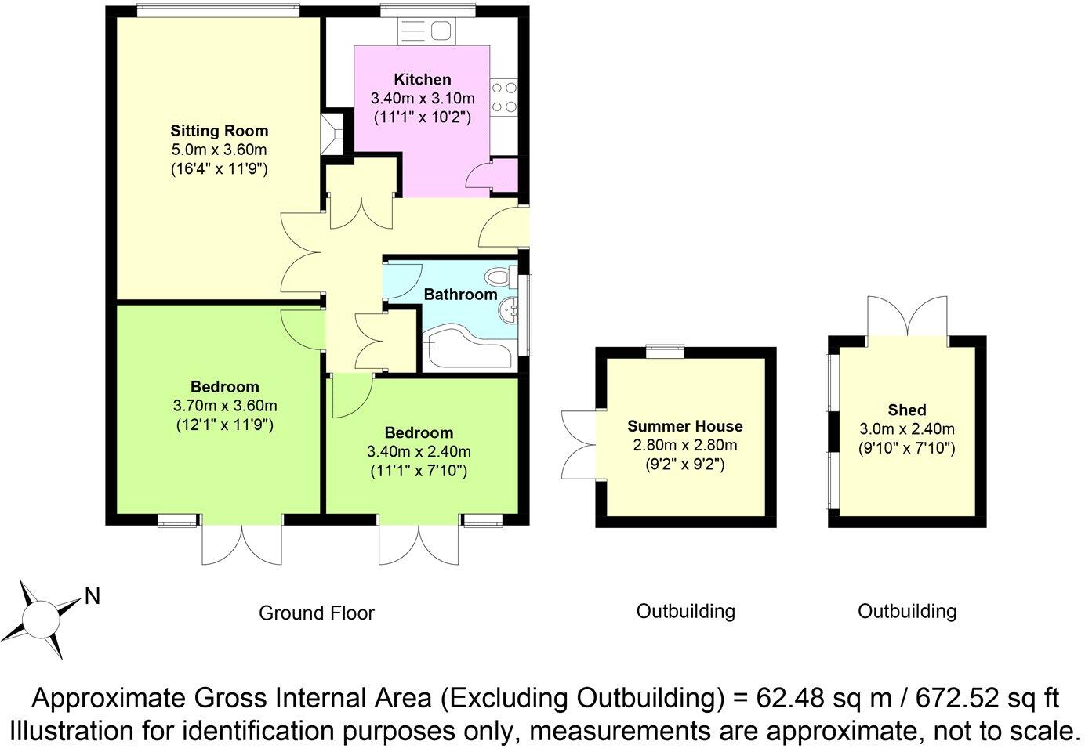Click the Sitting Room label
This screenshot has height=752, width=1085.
219,131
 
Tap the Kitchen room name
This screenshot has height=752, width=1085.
423,79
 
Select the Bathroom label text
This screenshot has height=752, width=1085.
460,295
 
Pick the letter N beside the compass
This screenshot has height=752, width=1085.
93,597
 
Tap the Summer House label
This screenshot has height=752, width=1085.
684,426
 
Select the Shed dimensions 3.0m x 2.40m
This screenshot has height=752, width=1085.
906,428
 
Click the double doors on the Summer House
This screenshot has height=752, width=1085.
579,444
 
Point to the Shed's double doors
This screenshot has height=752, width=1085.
907,316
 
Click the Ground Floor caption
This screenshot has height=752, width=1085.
317,613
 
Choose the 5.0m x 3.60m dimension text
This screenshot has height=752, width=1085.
219,150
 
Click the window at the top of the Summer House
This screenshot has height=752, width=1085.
665,352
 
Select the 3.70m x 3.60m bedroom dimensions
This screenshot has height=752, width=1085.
224,406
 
